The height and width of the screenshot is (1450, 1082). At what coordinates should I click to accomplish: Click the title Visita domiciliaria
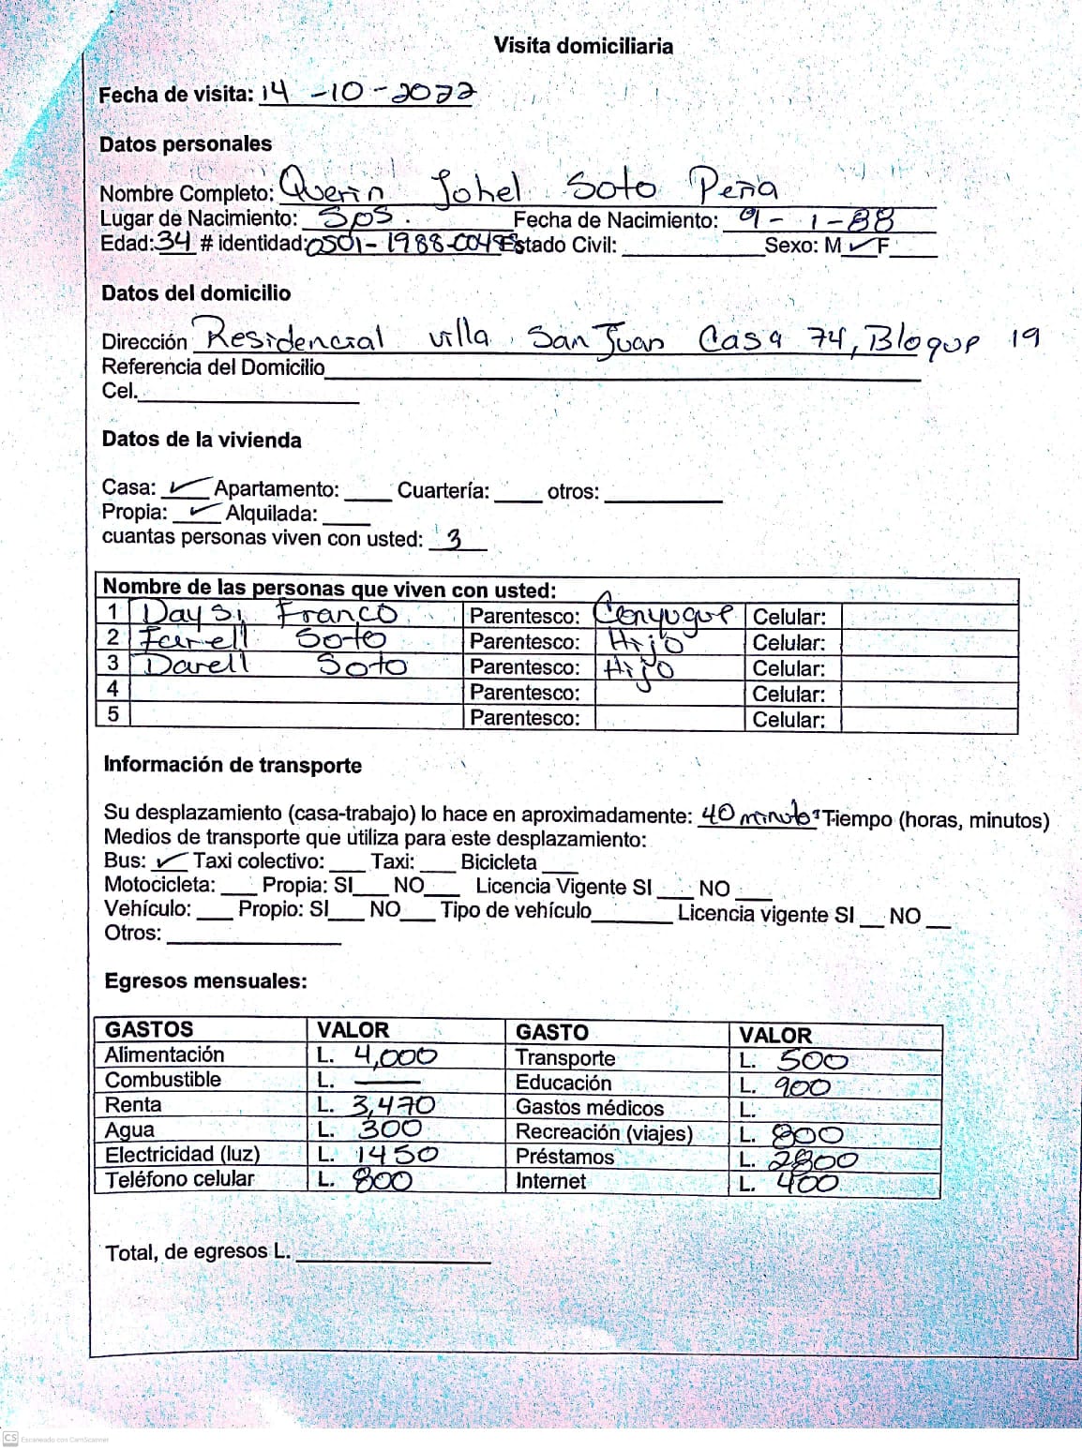[583, 46]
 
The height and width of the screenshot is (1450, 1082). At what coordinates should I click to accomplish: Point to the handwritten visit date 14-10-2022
[368, 93]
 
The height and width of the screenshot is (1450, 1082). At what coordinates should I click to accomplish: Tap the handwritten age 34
[173, 242]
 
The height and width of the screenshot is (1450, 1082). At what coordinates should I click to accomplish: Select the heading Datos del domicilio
[196, 293]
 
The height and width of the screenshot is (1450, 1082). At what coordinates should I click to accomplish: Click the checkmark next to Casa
[188, 486]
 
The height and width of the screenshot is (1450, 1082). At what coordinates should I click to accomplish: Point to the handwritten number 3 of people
[455, 539]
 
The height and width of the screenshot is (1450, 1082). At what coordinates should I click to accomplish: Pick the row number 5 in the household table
[113, 715]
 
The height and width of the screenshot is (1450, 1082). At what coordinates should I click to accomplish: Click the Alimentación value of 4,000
[395, 1056]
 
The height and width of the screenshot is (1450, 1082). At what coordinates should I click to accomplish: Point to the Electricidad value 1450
[396, 1155]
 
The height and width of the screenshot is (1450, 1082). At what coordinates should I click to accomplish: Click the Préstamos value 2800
[812, 1160]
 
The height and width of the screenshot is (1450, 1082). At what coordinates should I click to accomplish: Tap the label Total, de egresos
[198, 1252]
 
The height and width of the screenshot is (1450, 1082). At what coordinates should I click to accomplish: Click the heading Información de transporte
[233, 765]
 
